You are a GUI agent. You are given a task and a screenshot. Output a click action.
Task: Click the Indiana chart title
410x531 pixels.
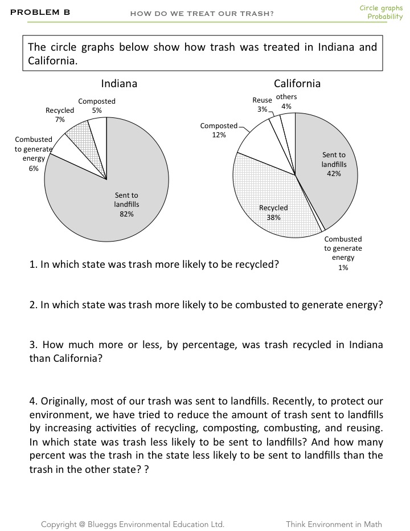point(119,84)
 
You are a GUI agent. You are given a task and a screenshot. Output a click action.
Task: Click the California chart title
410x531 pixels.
point(297,84)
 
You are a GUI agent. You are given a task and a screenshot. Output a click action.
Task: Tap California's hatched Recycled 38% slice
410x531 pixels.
point(273,205)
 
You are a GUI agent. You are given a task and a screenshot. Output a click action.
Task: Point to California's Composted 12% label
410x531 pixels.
point(219,130)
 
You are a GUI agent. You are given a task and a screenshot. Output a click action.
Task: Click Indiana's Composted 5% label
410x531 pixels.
point(97,105)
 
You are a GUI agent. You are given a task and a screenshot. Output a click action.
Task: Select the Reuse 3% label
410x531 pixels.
point(262,105)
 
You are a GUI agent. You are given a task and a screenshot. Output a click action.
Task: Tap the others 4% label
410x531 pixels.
point(286,101)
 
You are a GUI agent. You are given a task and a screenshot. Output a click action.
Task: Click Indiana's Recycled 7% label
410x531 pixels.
point(60,115)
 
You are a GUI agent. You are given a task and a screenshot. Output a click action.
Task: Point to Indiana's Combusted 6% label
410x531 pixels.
point(34,154)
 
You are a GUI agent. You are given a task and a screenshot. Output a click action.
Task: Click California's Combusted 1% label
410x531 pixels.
point(343,253)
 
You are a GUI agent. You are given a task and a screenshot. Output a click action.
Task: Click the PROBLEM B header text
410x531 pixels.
point(40,11)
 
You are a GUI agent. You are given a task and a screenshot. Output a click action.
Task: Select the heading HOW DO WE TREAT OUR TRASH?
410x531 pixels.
point(202,14)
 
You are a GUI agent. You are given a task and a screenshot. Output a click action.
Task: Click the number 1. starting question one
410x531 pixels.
point(33,265)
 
